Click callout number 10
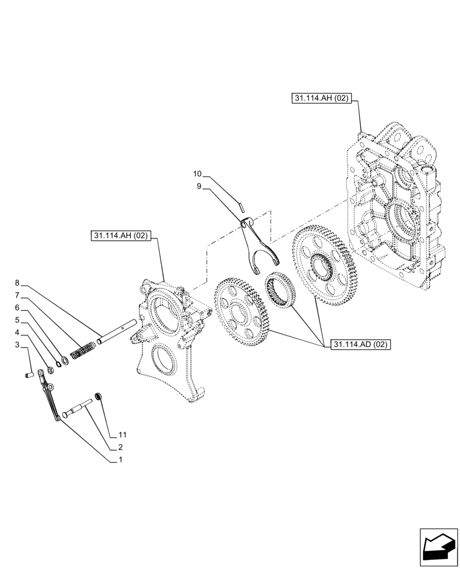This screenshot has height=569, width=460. (198, 174)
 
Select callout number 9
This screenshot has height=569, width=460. (199, 185)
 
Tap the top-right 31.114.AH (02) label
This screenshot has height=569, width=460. (321, 98)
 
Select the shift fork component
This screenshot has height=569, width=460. (260, 245)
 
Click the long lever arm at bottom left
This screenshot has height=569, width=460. (50, 395)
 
